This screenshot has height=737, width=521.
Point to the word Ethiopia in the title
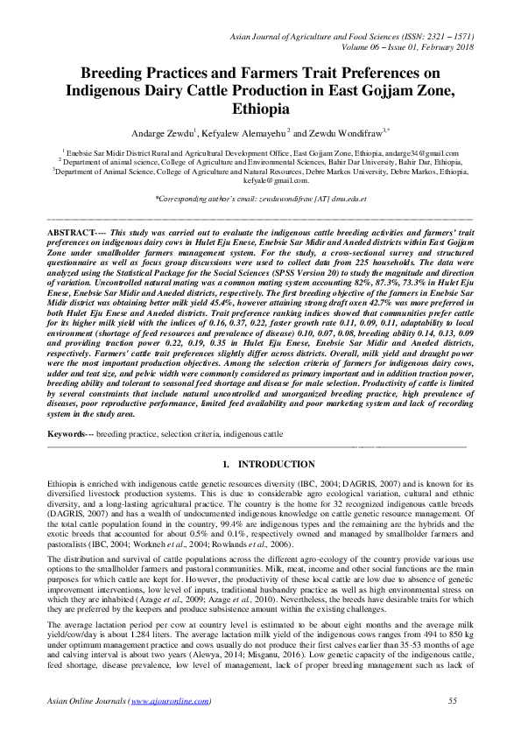(259, 111)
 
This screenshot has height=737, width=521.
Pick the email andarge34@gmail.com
(424, 152)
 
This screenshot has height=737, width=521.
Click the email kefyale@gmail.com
(259, 180)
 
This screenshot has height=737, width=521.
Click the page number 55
(453, 701)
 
